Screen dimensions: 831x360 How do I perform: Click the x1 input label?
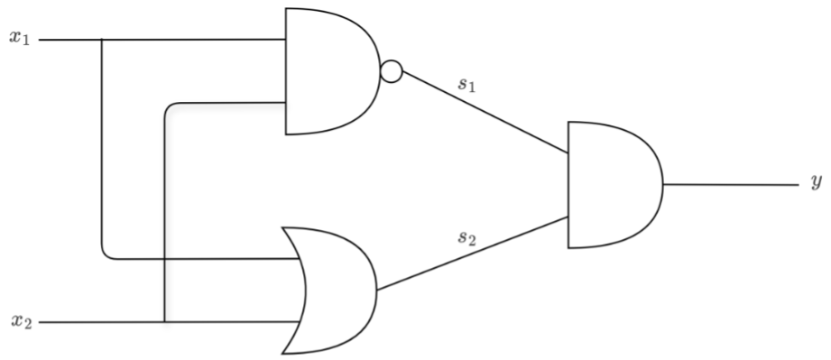pyautogui.click(x=20, y=38)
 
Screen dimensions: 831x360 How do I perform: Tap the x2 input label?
pyautogui.click(x=22, y=321)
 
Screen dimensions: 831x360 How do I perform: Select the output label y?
pyautogui.click(x=817, y=182)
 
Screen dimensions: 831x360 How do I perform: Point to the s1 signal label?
pyautogui.click(x=466, y=84)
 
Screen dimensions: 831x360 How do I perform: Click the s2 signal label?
pyautogui.click(x=466, y=237)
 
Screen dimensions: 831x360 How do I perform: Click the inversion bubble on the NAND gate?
pyautogui.click(x=392, y=71)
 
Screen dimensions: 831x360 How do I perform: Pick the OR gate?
pyautogui.click(x=329, y=291)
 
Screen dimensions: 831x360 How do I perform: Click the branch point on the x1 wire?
pyautogui.click(x=101, y=40)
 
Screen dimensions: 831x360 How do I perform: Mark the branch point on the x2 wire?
pyautogui.click(x=165, y=322)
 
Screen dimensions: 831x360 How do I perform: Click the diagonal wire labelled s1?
pyautogui.click(x=485, y=113)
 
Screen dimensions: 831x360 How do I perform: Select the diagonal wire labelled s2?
pyautogui.click(x=472, y=254)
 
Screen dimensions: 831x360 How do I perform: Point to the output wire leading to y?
pyautogui.click(x=731, y=185)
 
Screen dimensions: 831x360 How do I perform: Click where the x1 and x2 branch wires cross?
pyautogui.click(x=165, y=259)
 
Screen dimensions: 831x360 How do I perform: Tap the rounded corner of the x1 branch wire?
pyautogui.click(x=106, y=255)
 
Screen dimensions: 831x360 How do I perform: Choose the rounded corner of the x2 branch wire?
pyautogui.click(x=169, y=106)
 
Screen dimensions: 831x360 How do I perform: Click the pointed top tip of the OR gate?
pyautogui.click(x=282, y=228)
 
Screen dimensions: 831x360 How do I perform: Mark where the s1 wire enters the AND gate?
pyautogui.click(x=568, y=153)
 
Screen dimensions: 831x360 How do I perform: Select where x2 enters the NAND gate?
pyautogui.click(x=286, y=102)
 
